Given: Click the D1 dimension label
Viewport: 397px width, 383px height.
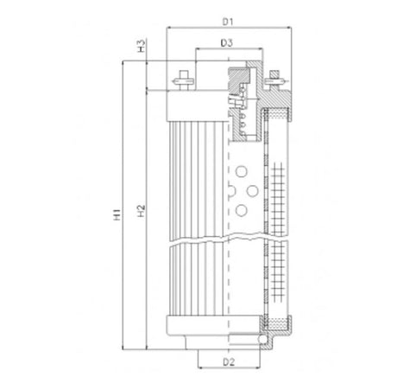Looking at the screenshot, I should point(228,18).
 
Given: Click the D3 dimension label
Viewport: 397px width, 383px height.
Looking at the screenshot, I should point(228,41).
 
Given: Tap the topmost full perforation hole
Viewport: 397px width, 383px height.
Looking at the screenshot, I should point(239,170).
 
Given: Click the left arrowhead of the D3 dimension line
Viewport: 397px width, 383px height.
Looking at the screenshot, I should point(199,49).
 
